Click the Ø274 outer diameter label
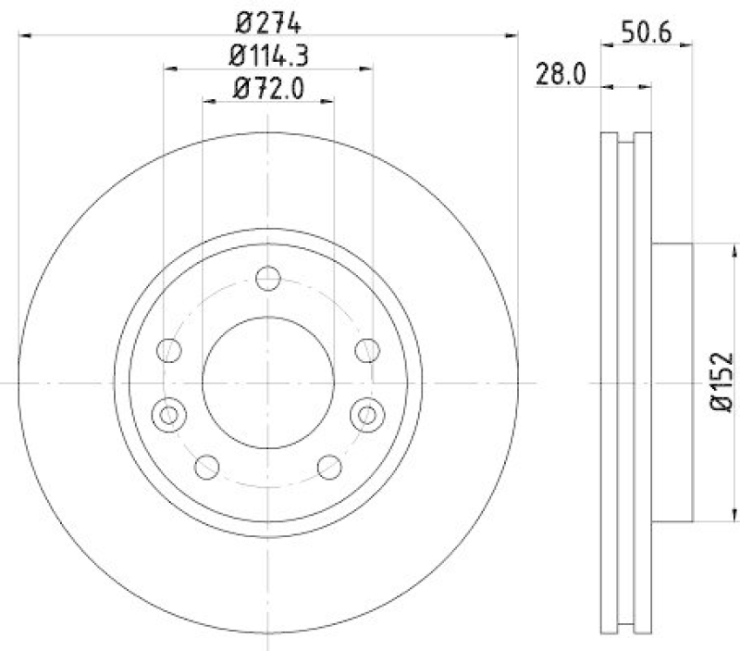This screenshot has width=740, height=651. point(268,20)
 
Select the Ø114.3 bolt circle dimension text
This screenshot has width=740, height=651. point(268,55)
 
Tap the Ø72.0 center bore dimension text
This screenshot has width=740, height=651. point(268,89)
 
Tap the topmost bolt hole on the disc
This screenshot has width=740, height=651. point(268,278)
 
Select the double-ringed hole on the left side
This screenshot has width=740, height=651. point(168,413)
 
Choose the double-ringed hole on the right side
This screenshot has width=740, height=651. point(368,413)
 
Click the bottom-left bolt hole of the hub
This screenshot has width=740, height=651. point(207,467)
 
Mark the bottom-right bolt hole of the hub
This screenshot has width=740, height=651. point(329,467)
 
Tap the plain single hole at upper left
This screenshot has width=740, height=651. point(168,350)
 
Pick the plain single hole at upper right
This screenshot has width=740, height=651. point(368,350)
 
